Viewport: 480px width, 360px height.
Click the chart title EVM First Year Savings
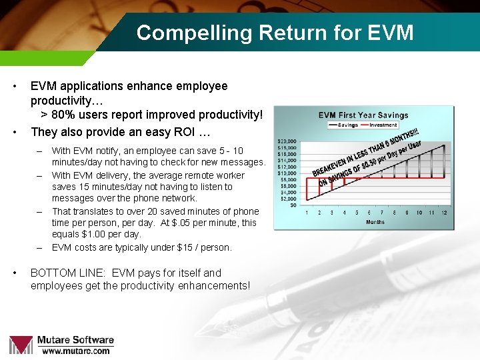363,115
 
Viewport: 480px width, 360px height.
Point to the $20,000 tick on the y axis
287,141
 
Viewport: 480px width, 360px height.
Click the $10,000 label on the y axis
287,173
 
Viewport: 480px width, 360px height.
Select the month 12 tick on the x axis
444,213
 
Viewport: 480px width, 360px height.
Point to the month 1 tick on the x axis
307,213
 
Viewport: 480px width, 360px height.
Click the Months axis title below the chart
375,222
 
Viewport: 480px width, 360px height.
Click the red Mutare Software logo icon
21,345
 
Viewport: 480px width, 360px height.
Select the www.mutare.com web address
76,351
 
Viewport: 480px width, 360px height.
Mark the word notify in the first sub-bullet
111,151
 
